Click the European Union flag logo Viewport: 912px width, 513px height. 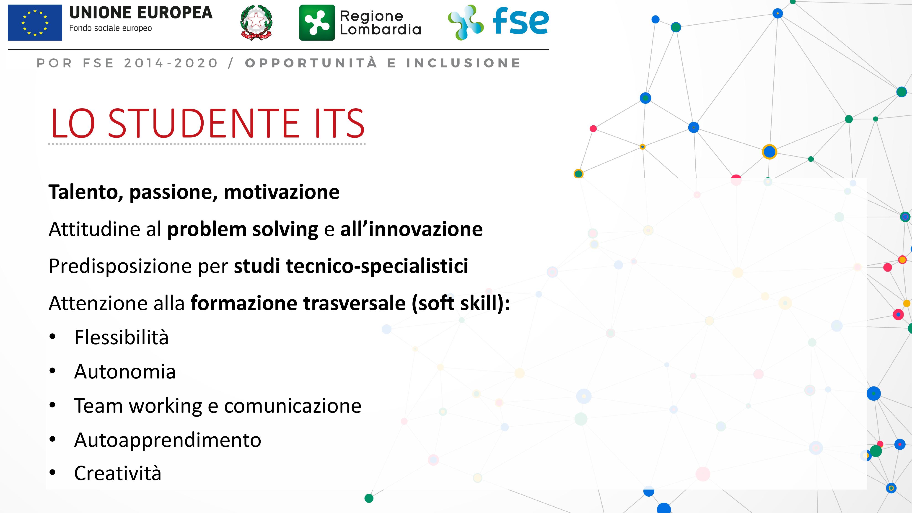pos(35,23)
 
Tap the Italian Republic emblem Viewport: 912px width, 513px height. pos(256,22)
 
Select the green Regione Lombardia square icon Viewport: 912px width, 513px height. pos(317,23)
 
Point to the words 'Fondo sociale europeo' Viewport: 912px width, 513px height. pos(110,28)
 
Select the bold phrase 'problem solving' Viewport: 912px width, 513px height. pos(243,229)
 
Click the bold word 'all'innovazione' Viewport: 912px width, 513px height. pos(411,229)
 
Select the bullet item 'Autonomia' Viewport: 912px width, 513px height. pos(125,372)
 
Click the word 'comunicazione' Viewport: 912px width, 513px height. pos(293,406)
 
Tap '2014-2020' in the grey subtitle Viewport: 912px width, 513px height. pos(171,63)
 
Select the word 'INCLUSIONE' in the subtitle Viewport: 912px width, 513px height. pos(464,63)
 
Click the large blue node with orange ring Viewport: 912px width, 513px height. pos(769,152)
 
